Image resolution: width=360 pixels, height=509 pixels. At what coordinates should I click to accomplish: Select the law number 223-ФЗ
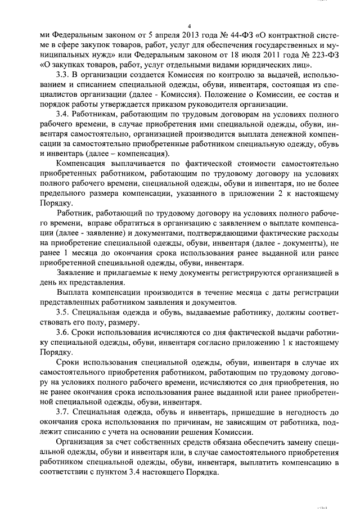point(323,58)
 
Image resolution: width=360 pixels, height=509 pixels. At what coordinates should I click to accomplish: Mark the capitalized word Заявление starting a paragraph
point(76,272)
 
